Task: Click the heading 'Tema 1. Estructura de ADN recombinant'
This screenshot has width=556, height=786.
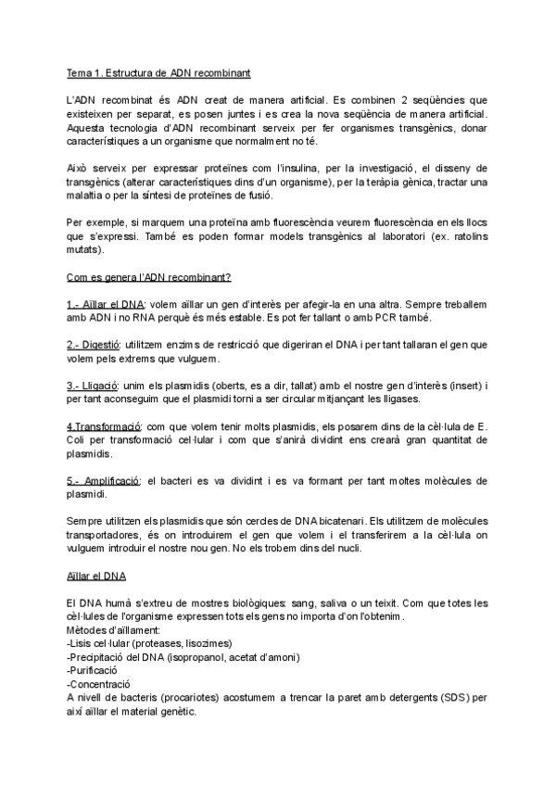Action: [157, 72]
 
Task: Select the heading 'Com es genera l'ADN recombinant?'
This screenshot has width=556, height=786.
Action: [149, 277]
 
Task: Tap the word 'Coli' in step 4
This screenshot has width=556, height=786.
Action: [82, 440]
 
